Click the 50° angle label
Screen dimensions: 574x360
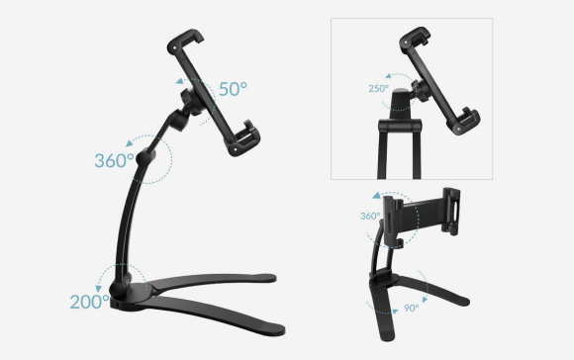(x=233, y=89)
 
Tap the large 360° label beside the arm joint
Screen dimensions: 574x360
(x=114, y=160)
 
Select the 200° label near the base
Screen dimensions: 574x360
(x=90, y=302)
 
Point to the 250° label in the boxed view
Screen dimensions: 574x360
(x=378, y=89)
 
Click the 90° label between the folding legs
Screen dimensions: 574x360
(x=411, y=308)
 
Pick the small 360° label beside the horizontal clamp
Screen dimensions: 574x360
(x=370, y=216)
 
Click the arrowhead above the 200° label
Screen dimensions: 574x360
(x=99, y=289)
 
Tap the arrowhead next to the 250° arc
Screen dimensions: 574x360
(x=389, y=76)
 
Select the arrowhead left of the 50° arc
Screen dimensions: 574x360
(x=180, y=81)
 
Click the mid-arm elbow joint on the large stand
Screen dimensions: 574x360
(x=145, y=157)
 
